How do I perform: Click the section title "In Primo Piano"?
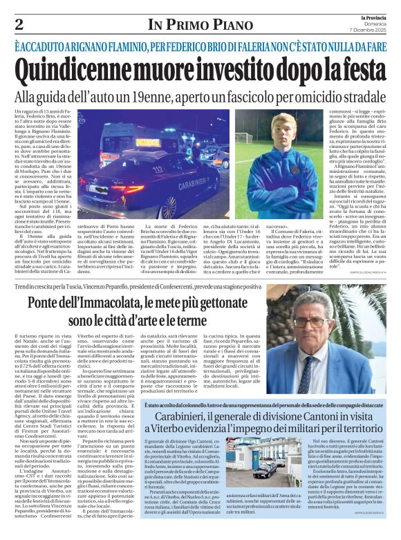pos(200,24)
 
